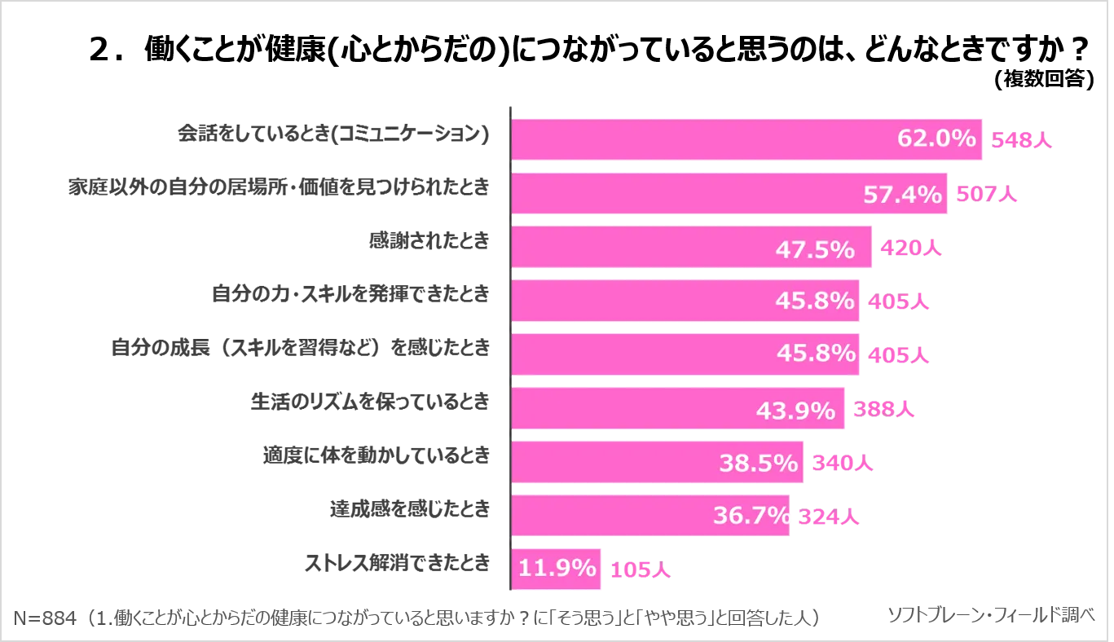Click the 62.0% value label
(936, 139)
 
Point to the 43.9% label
(795, 411)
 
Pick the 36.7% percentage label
(751, 516)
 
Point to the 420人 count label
(911, 249)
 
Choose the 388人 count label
(885, 411)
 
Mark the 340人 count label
(841, 464)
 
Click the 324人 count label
(826, 517)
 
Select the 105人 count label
(640, 570)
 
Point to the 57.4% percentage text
(902, 194)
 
